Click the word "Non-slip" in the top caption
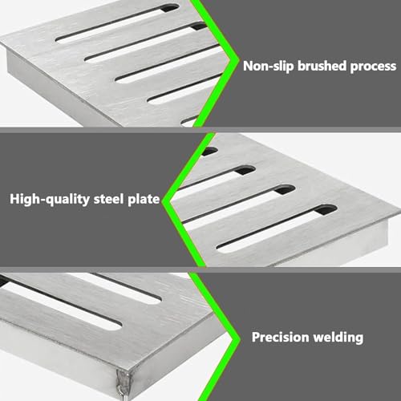point(269,66)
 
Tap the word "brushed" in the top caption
point(322,66)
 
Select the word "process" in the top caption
point(373,67)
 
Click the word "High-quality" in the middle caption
point(50,200)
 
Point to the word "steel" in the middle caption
point(109,199)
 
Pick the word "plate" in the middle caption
point(144,200)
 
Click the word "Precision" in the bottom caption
point(281,337)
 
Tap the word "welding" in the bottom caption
point(338,338)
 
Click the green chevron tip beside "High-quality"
point(164,200)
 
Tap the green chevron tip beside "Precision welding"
point(239,339)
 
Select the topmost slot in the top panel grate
point(117,23)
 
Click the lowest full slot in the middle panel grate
point(277,229)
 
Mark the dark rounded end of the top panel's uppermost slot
point(169,7)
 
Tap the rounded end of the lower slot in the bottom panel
point(115,326)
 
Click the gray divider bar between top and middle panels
point(200,130)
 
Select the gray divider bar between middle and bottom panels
point(200,269)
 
